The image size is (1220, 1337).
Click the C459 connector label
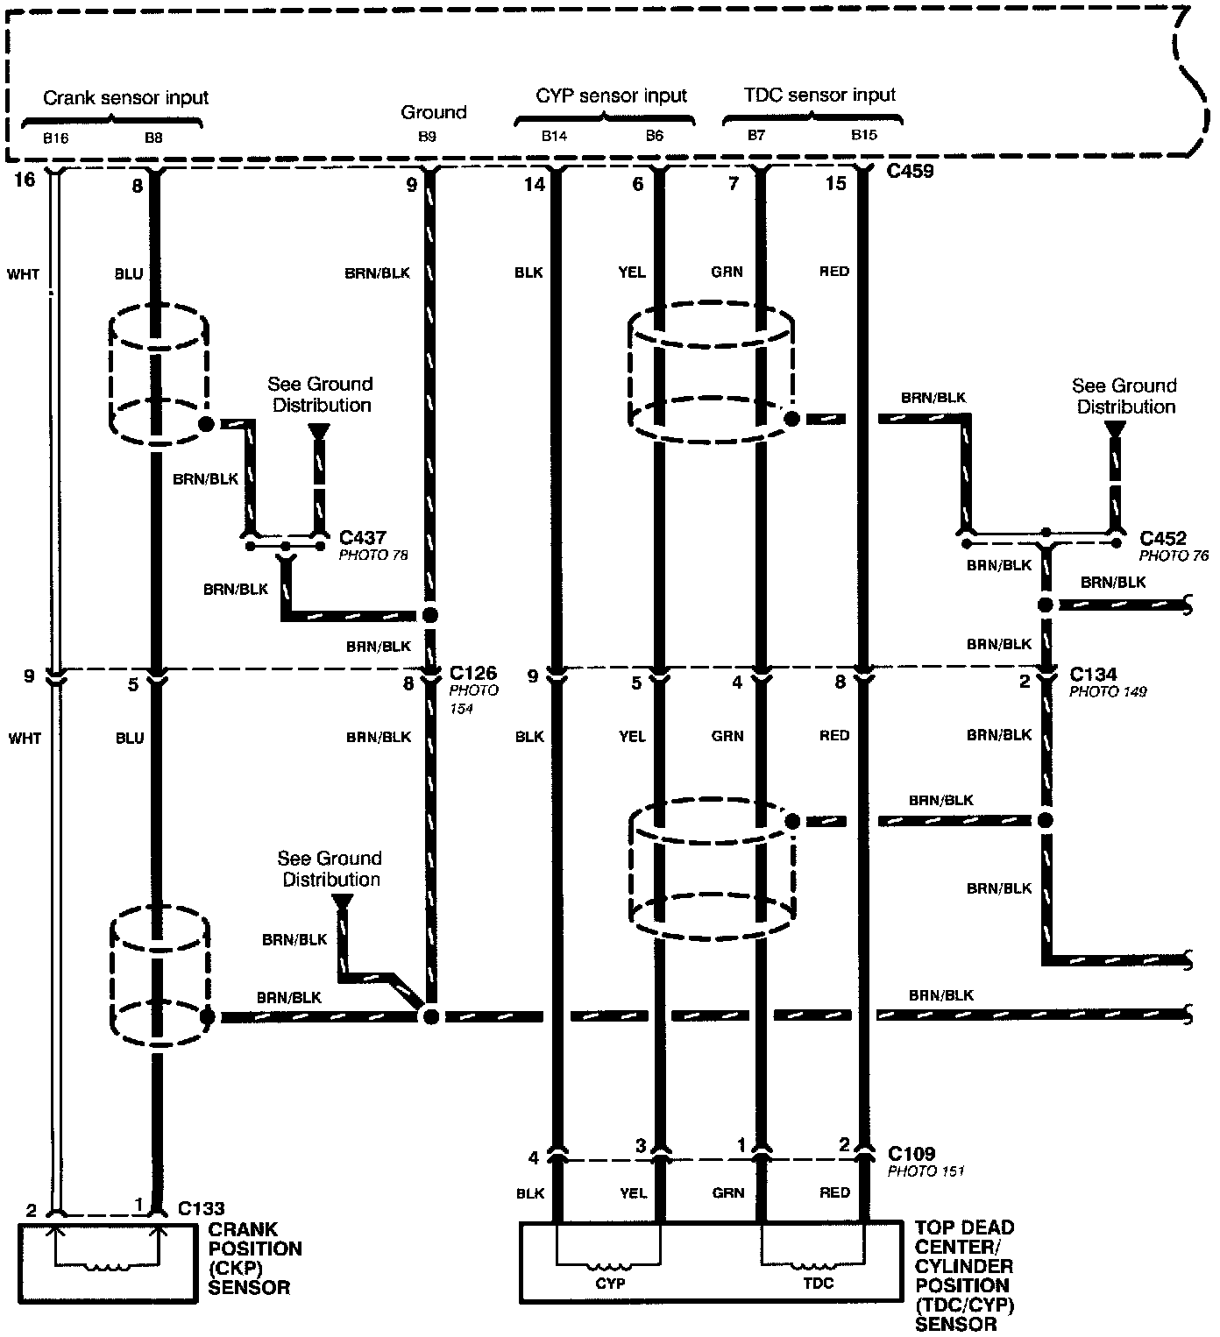coord(910,171)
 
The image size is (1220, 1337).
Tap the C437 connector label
coord(362,538)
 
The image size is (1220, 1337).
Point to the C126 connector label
coord(473,673)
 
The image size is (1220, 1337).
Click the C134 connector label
coord(1093,675)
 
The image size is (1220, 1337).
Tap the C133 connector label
coord(202,1208)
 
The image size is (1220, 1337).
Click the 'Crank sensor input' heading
coord(126,97)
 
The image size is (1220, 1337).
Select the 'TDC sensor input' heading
coord(819,95)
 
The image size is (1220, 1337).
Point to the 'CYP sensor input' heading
coord(611,95)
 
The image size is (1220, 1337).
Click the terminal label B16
coord(56,138)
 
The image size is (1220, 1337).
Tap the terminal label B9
coord(426,137)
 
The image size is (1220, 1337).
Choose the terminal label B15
coord(863,135)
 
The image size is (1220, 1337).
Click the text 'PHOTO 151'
coord(926,1171)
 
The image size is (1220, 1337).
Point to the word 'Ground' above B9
coord(434,112)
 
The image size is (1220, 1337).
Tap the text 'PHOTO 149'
coord(1108,691)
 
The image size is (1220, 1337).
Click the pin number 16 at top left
coord(25,180)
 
